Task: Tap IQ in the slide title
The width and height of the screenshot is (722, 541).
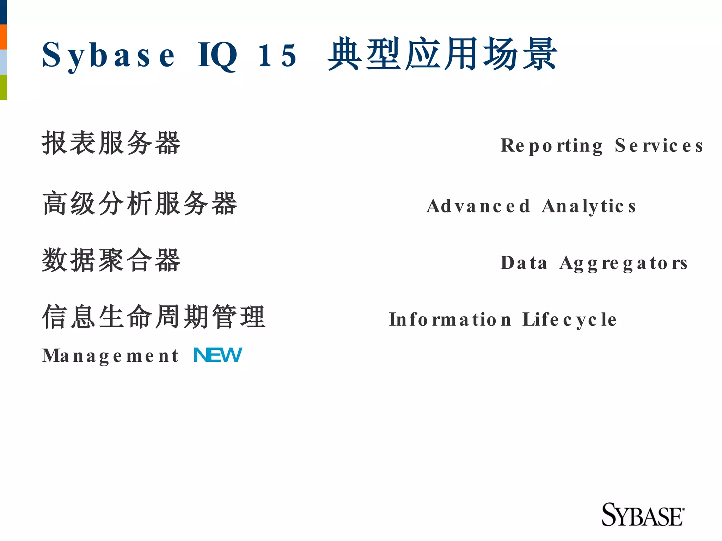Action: [x=217, y=56]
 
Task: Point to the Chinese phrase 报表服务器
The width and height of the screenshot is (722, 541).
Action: [x=111, y=143]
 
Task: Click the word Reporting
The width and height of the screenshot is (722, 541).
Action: [x=552, y=146]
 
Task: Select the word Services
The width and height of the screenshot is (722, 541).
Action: [x=659, y=146]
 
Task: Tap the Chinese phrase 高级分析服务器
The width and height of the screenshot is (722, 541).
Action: [x=140, y=203]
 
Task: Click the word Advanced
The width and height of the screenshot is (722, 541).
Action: [x=478, y=206]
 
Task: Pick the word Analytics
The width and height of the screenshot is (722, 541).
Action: [x=589, y=206]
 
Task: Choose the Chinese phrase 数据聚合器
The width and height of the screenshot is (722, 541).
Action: [x=111, y=260]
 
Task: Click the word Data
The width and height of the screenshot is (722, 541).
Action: [x=524, y=263]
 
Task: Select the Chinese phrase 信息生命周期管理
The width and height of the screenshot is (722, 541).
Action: [x=154, y=317]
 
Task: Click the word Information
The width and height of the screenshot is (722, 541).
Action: [x=450, y=320]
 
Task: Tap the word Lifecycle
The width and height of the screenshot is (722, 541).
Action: [x=569, y=320]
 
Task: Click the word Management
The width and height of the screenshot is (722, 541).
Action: [x=110, y=356]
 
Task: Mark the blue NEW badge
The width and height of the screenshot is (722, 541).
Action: [x=218, y=355]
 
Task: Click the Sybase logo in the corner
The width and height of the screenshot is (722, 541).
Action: [x=643, y=515]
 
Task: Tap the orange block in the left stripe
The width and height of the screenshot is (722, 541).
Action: [x=3, y=37]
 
